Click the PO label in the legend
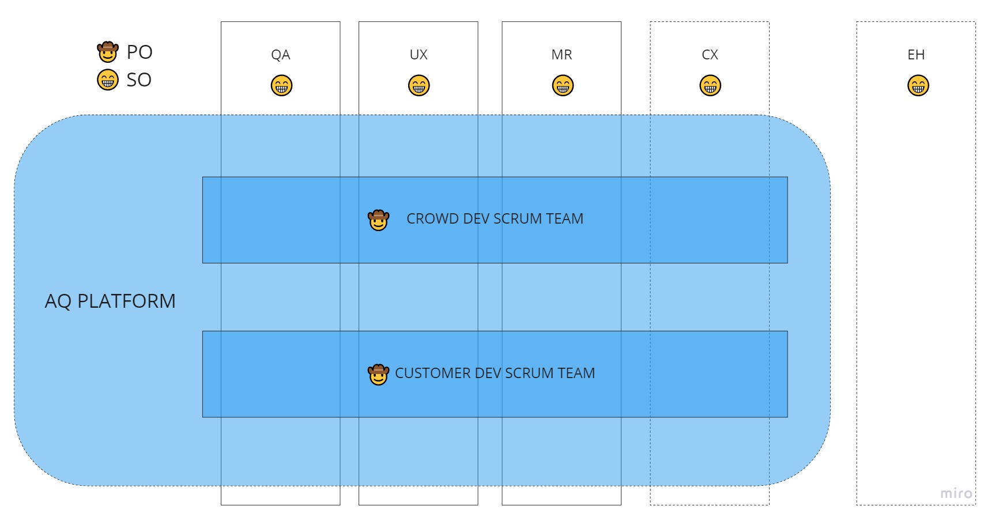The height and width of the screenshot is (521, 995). coord(140,52)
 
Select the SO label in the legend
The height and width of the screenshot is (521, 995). coord(139,80)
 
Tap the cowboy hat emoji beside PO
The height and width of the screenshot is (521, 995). coord(108,51)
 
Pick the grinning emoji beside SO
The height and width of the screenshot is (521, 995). coord(108,80)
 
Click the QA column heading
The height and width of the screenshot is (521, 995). coord(281,55)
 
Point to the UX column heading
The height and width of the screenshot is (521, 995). coord(419,55)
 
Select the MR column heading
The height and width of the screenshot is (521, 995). coord(561,55)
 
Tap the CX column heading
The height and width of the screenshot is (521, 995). coord(710,55)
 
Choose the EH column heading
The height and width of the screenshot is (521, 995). coord(916,55)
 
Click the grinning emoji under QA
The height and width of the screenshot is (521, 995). coord(281,85)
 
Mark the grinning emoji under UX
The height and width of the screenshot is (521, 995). coord(419,85)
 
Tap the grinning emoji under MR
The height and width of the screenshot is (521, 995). coord(563,85)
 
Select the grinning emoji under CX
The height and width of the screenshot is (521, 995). coord(710,85)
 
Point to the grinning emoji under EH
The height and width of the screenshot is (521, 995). coord(918,85)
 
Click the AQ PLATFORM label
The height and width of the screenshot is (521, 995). coord(110,301)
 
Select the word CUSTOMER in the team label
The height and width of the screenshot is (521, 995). coord(433,373)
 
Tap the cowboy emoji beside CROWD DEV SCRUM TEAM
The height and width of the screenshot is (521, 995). coord(379,220)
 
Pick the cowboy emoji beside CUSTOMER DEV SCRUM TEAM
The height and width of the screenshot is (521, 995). coord(379,374)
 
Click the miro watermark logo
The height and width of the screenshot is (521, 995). coord(956,493)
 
